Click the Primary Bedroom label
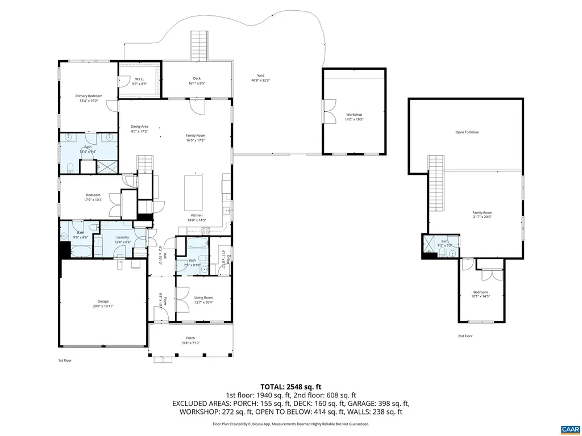(89, 97)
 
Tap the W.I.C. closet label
(140, 79)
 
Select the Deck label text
(197, 78)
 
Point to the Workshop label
(354, 115)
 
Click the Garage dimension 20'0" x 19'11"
(103, 306)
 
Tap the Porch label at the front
(190, 338)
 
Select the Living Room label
(203, 297)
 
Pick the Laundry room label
(123, 237)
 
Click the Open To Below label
(467, 132)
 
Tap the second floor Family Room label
(481, 213)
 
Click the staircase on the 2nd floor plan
(436, 182)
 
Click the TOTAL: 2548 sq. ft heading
(291, 386)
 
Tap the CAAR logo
(569, 428)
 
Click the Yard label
(261, 76)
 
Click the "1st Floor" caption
(65, 360)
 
